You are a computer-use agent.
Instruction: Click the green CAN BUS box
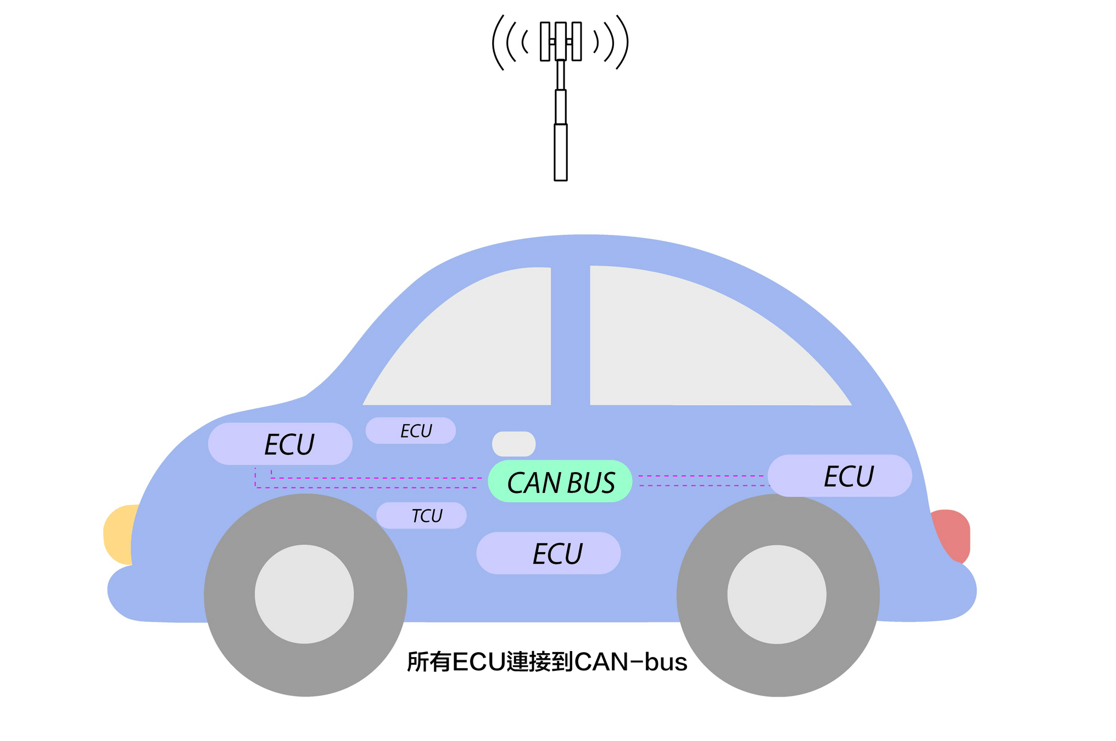coord(560,481)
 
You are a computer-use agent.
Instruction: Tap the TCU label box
coord(421,515)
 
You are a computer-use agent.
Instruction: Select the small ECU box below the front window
coord(410,430)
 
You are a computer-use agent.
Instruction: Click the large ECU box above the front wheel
coord(280,444)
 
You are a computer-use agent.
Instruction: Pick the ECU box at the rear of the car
coord(839,475)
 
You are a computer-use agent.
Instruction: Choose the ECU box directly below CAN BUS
coord(548,553)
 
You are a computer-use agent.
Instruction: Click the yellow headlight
coord(119,534)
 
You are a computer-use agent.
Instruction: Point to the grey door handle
coord(514,444)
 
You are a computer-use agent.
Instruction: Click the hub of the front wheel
coord(304,594)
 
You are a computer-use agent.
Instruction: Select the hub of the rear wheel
coord(777,594)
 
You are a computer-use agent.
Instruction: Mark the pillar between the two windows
coord(570,335)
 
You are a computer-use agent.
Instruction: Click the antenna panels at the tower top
coord(560,41)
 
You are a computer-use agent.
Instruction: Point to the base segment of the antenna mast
coord(560,152)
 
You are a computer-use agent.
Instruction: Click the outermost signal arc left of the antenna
coord(496,43)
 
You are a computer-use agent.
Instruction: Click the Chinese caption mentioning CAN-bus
coord(546,662)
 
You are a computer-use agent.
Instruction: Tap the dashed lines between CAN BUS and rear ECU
coord(700,481)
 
